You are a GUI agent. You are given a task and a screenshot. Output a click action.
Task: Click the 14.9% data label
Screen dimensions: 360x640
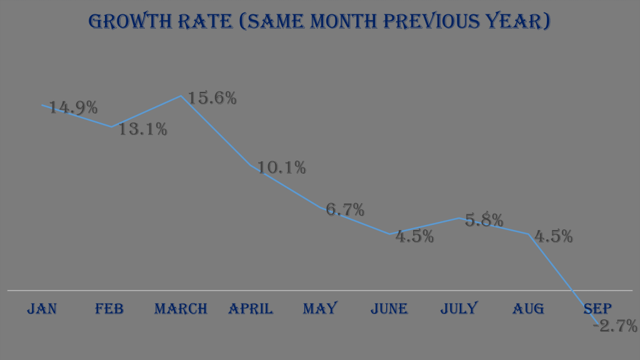[74, 107]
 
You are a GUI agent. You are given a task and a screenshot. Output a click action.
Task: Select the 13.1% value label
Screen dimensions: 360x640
[143, 129]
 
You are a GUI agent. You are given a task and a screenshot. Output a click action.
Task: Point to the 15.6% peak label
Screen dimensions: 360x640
[212, 98]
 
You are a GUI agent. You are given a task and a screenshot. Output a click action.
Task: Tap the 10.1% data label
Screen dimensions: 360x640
[282, 167]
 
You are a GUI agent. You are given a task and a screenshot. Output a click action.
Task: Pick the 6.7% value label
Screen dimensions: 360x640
[346, 210]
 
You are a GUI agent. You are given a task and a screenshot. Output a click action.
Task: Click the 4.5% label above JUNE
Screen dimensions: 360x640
[415, 237]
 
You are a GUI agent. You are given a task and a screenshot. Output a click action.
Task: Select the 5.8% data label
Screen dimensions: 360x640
[484, 220]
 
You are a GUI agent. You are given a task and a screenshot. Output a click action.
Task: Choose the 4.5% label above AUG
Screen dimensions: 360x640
[554, 237]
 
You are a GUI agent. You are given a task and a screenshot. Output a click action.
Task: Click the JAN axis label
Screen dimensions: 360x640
[42, 308]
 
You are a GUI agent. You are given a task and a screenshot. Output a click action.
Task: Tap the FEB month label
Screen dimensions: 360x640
[109, 308]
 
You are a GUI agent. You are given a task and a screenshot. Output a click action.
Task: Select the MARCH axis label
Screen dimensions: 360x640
[181, 308]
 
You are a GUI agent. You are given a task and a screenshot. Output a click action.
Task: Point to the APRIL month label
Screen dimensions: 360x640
[251, 308]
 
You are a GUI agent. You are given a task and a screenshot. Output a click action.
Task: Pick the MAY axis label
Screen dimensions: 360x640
[320, 308]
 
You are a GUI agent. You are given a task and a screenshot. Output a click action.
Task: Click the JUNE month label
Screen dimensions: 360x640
[389, 308]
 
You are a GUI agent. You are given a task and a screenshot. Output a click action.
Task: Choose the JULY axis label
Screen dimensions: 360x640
[459, 308]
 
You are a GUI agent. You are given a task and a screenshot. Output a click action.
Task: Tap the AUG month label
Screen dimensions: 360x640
[528, 308]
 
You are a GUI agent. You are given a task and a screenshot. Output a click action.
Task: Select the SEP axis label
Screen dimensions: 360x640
[597, 308]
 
